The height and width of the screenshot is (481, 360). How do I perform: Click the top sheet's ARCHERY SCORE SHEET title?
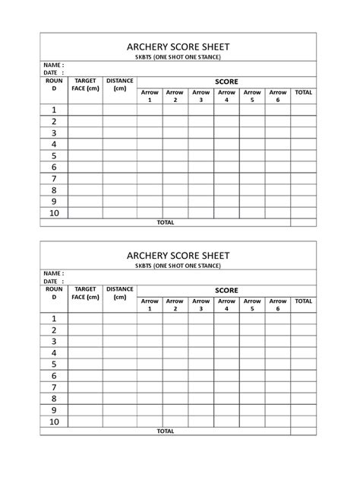[x=178, y=46]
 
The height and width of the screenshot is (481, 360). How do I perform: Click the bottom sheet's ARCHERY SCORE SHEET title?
[x=178, y=254]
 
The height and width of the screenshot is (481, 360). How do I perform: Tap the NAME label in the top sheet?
[x=52, y=65]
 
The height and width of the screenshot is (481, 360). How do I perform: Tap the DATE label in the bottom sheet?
[x=52, y=281]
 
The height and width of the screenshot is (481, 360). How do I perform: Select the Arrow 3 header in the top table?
[x=201, y=97]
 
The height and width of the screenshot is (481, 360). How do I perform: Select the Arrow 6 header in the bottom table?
[x=278, y=305]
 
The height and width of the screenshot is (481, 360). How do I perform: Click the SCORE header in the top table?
[x=226, y=81]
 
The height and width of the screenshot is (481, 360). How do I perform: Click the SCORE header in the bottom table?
[x=226, y=290]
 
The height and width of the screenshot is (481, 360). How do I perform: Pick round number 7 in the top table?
[x=55, y=179]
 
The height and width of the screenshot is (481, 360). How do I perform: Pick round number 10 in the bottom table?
[x=55, y=421]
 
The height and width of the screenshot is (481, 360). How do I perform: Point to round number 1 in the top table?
[x=55, y=110]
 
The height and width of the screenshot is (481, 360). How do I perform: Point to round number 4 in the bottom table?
[x=55, y=353]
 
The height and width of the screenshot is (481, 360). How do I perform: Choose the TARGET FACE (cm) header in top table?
[x=85, y=84]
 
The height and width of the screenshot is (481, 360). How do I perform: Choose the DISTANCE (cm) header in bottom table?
[x=120, y=293]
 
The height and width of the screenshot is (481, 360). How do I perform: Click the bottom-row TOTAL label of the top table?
[x=165, y=222]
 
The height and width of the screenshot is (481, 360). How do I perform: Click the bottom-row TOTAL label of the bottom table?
[x=165, y=431]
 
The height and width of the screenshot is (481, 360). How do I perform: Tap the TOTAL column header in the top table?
[x=303, y=92]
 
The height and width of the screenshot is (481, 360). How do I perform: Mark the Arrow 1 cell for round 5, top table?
[x=150, y=155]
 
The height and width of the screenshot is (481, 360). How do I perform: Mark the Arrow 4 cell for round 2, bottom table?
[x=226, y=330]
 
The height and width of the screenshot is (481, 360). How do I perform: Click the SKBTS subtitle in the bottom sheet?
[x=178, y=266]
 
